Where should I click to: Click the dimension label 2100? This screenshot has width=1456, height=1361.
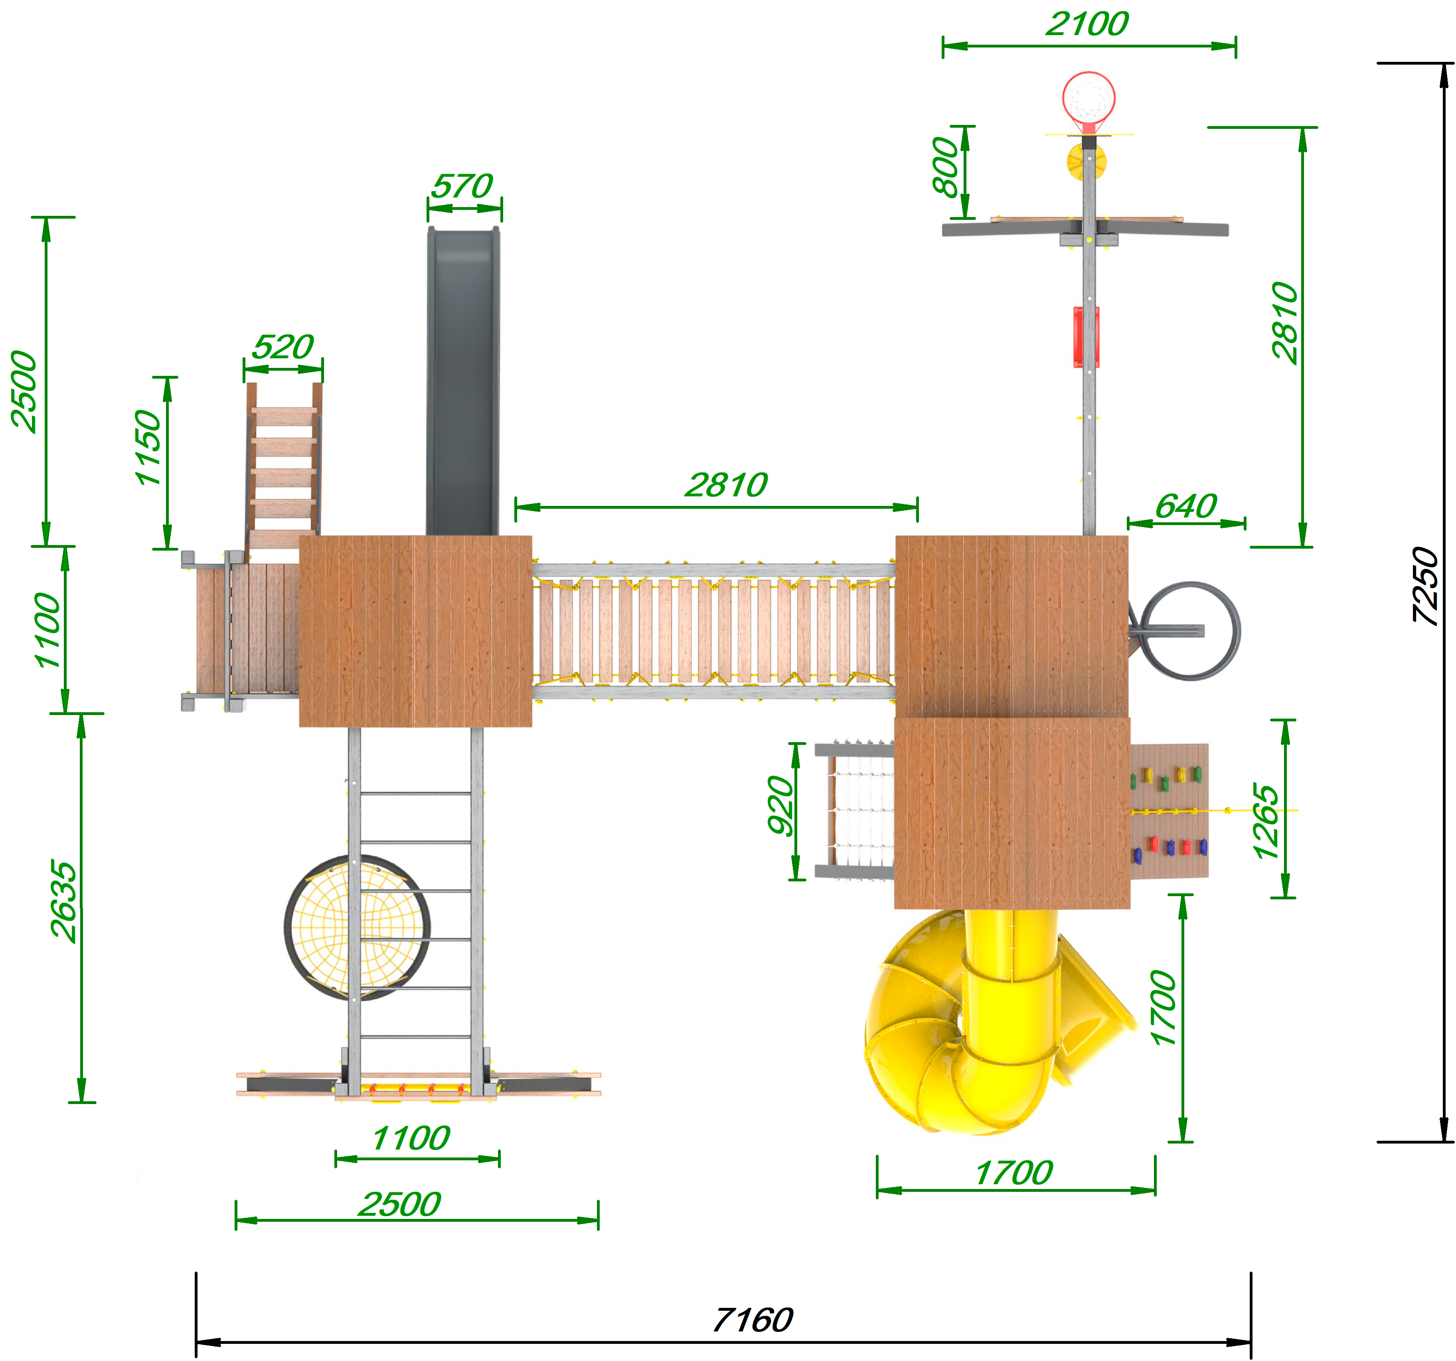[x=1087, y=24]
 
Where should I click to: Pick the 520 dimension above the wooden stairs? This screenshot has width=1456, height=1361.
[x=283, y=346]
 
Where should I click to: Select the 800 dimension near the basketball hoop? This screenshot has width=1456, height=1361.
[x=946, y=167]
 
